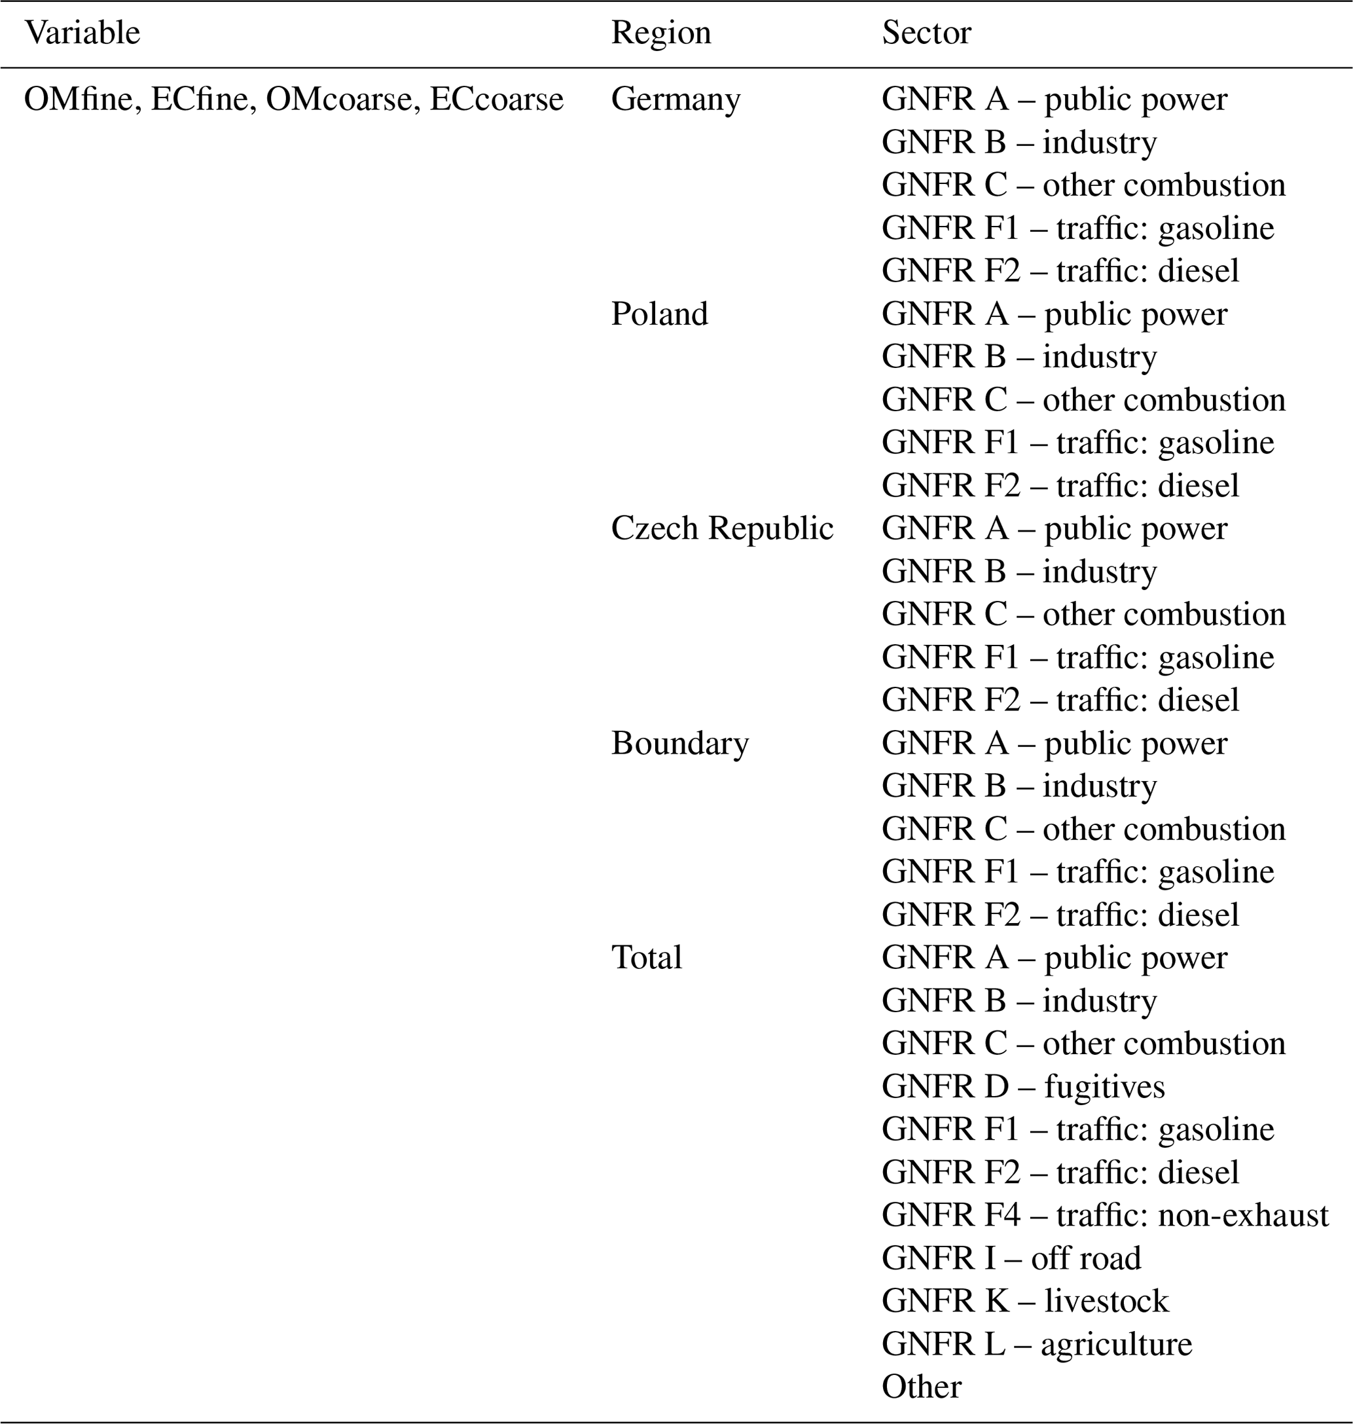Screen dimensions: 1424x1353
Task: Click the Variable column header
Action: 82,33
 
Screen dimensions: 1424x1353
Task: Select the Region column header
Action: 660,33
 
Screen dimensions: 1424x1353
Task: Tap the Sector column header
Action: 926,33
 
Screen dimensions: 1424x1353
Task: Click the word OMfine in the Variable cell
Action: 79,100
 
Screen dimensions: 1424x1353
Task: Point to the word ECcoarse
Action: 496,100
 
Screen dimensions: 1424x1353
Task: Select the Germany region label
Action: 675,100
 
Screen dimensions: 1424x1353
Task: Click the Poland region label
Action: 659,314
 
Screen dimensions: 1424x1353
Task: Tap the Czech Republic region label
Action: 722,528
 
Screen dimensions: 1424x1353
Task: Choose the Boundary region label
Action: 679,743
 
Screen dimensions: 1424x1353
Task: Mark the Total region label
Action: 646,957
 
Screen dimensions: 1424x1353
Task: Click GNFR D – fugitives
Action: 1022,1086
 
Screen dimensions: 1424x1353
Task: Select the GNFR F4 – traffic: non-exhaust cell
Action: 1104,1214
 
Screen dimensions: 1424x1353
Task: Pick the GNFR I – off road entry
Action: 1011,1258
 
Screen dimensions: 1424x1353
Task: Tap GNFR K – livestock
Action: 1025,1301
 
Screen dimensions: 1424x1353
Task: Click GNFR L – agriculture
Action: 1036,1344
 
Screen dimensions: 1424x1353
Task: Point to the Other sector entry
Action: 921,1387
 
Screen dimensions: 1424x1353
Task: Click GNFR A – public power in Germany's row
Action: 1054,100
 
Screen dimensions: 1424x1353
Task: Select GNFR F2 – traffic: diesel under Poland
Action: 1060,486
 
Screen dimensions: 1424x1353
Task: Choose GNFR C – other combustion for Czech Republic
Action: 1083,614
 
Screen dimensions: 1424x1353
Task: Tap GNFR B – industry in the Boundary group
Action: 1019,786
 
